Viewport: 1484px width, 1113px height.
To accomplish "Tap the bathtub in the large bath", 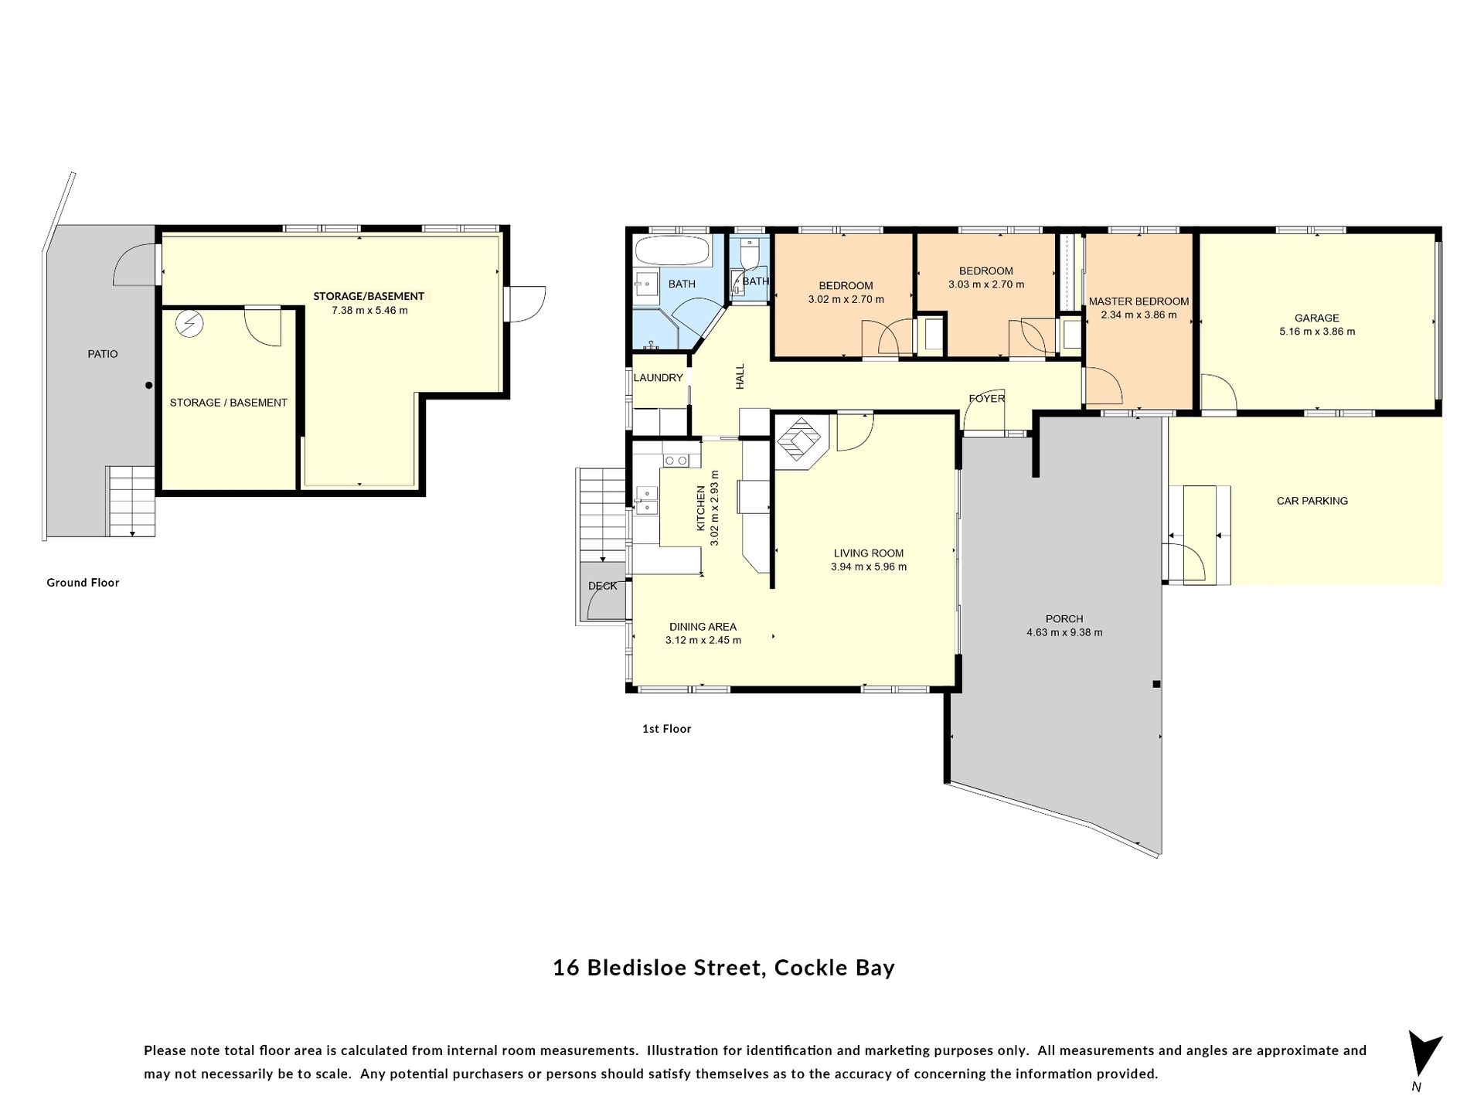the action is pyautogui.click(x=671, y=250).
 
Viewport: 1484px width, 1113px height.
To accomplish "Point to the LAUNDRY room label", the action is pyautogui.click(x=659, y=378).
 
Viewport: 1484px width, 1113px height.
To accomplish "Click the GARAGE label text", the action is pyautogui.click(x=1317, y=318).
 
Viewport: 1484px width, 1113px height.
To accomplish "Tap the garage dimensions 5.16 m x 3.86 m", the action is pyautogui.click(x=1317, y=332).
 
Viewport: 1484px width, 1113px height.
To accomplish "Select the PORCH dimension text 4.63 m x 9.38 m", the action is pyautogui.click(x=1064, y=632).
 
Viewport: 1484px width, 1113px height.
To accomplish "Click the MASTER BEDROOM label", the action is pyautogui.click(x=1139, y=301).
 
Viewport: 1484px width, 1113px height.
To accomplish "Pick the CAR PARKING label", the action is pyautogui.click(x=1312, y=501).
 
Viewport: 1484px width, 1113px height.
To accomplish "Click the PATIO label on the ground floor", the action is pyautogui.click(x=103, y=354).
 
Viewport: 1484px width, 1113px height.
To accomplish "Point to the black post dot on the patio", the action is pyautogui.click(x=149, y=385).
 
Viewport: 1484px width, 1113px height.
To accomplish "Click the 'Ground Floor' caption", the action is pyautogui.click(x=83, y=583).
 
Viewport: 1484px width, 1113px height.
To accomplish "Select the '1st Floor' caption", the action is pyautogui.click(x=666, y=729).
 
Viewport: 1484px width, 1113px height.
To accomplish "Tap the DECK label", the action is pyautogui.click(x=603, y=586).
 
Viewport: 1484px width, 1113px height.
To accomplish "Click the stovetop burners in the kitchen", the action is pyautogui.click(x=676, y=461).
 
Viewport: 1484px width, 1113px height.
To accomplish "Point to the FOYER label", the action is pyautogui.click(x=987, y=399).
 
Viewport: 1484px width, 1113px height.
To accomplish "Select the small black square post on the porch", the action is pyautogui.click(x=1156, y=684).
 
